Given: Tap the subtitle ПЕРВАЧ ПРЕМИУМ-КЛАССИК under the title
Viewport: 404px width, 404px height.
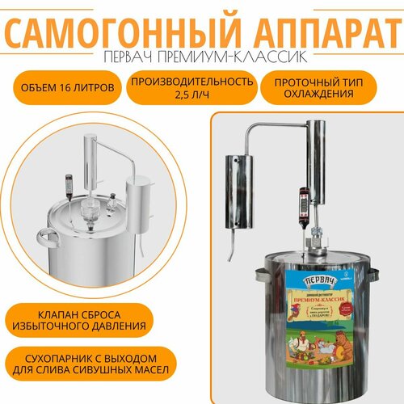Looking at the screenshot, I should coord(202,62).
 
